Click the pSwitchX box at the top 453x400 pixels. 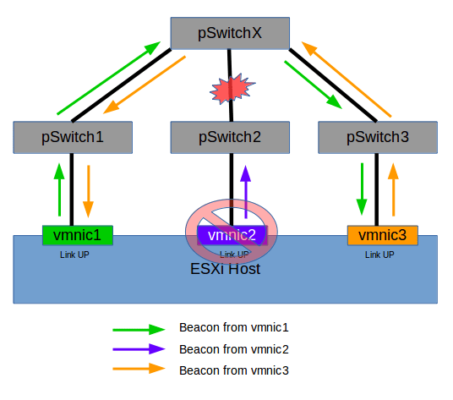click(230, 35)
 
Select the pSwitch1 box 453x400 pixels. click(74, 137)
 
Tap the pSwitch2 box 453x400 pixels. click(230, 137)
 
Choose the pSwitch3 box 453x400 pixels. click(378, 137)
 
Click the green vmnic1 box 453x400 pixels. click(77, 234)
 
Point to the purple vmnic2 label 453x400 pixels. click(231, 234)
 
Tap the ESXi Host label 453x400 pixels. click(226, 269)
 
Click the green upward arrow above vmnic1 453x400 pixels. click(59, 189)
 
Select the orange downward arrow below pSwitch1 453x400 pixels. click(87, 189)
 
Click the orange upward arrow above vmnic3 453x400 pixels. click(391, 189)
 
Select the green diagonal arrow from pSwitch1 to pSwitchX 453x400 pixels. click(110, 79)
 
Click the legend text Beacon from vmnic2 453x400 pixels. click(227, 348)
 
